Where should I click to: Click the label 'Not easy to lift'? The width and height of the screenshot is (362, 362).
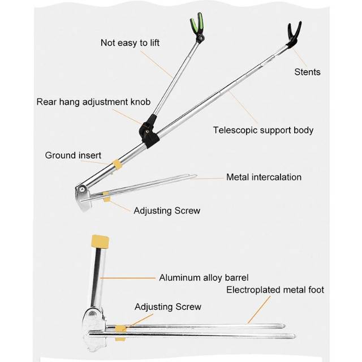pyautogui.click(x=130, y=43)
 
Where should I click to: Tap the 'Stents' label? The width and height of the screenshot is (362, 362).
pyautogui.click(x=307, y=72)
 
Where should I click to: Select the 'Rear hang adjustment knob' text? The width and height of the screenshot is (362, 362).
pyautogui.click(x=93, y=102)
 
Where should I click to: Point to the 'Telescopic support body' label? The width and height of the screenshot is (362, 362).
pyautogui.click(x=263, y=130)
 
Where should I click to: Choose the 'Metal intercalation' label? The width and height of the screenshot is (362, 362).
pyautogui.click(x=264, y=177)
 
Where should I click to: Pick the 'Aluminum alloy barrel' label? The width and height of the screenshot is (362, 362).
pyautogui.click(x=204, y=278)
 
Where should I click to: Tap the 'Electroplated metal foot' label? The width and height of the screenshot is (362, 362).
pyautogui.click(x=275, y=290)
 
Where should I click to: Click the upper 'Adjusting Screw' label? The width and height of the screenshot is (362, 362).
pyautogui.click(x=167, y=211)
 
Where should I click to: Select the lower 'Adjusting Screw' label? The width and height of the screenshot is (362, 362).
pyautogui.click(x=168, y=307)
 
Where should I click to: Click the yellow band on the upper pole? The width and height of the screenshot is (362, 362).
pyautogui.click(x=117, y=164)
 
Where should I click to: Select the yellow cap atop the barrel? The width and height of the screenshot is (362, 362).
pyautogui.click(x=100, y=242)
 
